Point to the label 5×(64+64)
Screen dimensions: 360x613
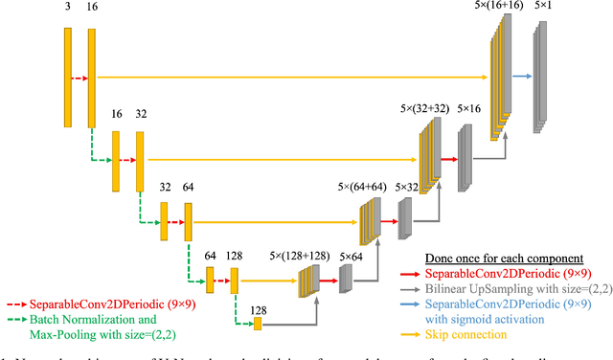(363, 186)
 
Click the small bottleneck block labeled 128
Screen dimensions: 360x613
(258, 325)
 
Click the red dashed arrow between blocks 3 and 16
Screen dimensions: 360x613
(80, 80)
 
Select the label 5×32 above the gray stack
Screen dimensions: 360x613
(409, 186)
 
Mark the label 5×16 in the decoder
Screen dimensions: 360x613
(470, 111)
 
